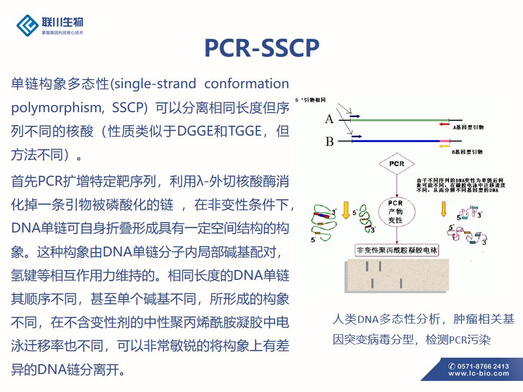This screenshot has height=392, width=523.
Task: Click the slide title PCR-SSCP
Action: [x=261, y=48]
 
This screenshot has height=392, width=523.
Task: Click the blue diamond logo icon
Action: [x=27, y=24]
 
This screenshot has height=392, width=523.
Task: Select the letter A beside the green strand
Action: [x=329, y=119]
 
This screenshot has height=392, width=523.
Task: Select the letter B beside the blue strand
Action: [x=329, y=142]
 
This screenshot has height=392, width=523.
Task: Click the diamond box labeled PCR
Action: [x=396, y=163]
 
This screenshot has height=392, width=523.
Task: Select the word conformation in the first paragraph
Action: [x=247, y=84]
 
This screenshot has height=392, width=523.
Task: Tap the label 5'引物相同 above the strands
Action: [x=311, y=101]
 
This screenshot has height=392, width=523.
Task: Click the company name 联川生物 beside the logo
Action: [x=63, y=22]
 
